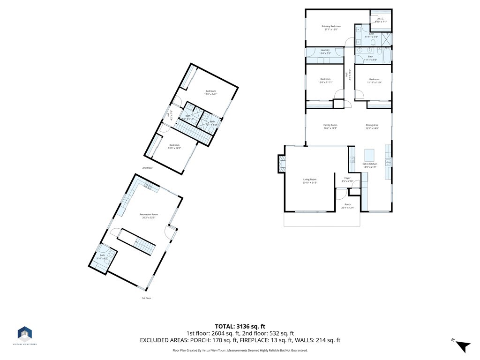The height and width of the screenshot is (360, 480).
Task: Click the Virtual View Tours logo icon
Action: pos(25,334)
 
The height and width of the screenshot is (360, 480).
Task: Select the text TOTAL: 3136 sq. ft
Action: pos(240,326)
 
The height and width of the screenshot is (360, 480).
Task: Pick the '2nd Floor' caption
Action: pos(148,167)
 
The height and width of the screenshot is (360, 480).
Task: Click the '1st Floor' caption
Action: pos(147,298)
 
